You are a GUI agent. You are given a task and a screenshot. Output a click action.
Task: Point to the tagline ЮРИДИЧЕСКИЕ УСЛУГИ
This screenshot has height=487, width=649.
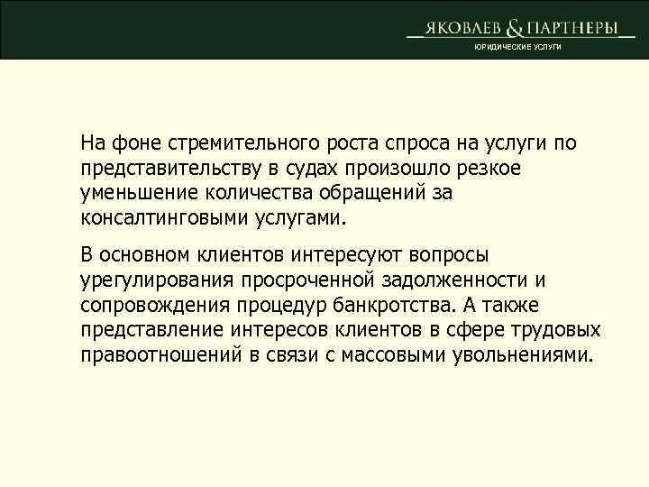(517, 47)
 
